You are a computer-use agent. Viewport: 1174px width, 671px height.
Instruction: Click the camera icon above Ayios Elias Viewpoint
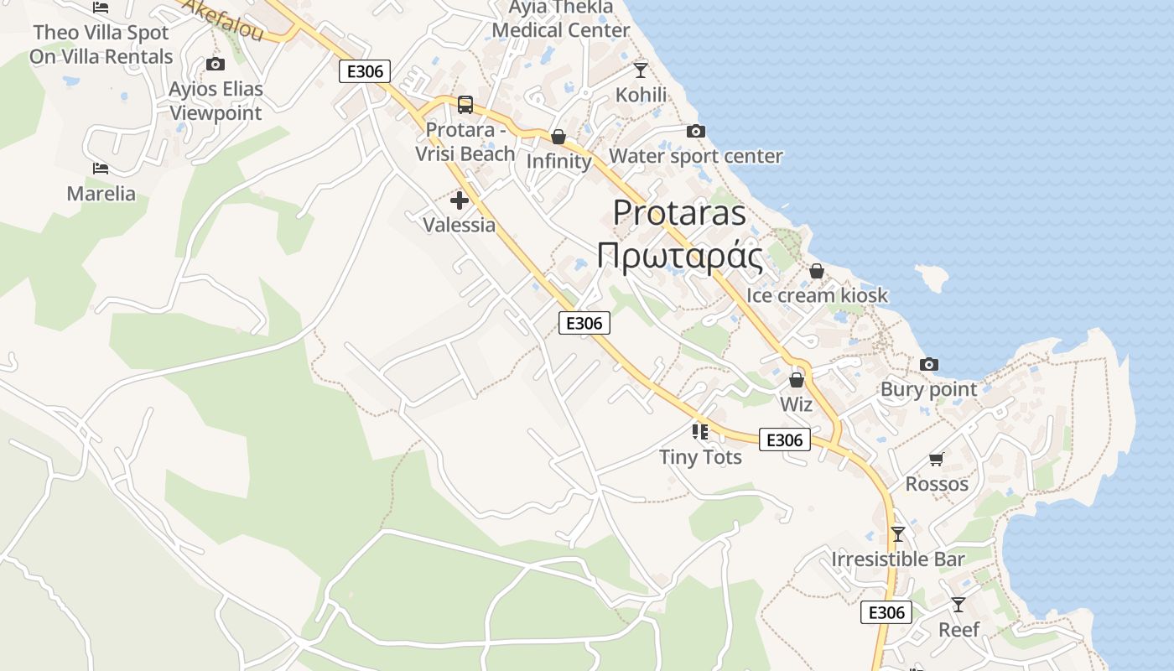216,65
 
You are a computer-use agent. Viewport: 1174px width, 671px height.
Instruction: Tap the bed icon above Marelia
101,169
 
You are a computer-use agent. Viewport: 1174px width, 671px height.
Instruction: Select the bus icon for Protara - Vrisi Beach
465,105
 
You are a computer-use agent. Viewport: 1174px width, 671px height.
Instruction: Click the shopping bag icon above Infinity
558,137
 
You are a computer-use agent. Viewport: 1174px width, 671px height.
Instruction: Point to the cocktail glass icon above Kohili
641,70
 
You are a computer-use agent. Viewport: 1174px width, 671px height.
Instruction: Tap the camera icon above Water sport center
695,131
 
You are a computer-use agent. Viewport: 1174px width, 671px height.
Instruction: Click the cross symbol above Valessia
460,200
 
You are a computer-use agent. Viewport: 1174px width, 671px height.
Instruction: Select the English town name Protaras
679,213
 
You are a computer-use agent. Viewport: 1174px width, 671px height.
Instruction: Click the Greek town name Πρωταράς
679,257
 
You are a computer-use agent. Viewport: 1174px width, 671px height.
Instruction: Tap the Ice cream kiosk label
817,295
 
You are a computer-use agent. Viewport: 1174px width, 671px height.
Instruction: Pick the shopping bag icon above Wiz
797,380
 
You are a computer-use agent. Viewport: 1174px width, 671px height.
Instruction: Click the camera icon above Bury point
928,364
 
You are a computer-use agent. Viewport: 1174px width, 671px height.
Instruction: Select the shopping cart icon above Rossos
937,460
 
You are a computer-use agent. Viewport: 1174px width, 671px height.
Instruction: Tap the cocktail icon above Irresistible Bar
898,534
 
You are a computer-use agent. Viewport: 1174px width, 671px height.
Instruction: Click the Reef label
958,630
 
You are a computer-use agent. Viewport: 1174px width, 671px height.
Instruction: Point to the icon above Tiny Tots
700,432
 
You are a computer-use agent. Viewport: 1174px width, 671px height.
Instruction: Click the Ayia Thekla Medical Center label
561,19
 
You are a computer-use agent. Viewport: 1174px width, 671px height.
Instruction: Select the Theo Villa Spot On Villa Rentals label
101,44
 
